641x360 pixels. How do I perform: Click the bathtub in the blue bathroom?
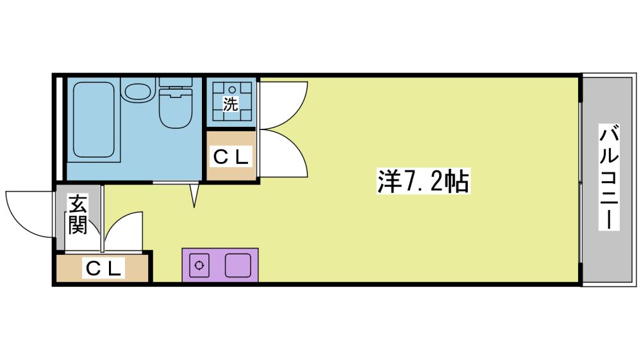94,119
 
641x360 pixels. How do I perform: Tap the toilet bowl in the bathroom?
176,108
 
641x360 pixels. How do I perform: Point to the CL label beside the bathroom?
231,156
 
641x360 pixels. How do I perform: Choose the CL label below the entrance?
103,268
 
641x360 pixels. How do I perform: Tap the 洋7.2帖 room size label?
422,181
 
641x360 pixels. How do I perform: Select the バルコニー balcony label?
609,177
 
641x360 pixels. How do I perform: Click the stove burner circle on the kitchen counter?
199,266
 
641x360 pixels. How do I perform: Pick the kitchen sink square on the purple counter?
238,265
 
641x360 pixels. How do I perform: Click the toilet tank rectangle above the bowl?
176,82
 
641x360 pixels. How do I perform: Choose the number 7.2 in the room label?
422,181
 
